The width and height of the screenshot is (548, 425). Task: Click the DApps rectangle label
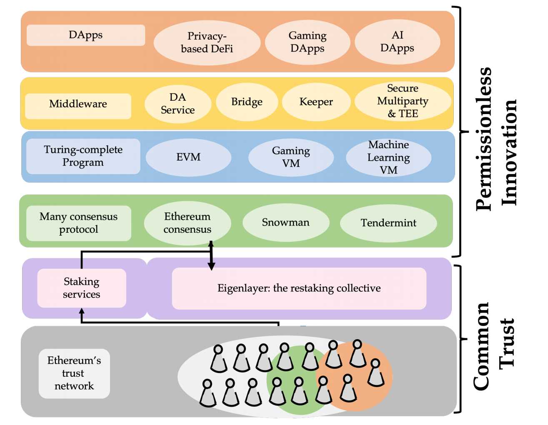pyautogui.click(x=86, y=35)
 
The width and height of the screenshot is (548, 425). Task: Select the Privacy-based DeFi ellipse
pyautogui.click(x=207, y=42)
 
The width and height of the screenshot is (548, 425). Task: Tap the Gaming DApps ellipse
pyautogui.click(x=308, y=42)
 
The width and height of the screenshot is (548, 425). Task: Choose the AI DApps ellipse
pyautogui.click(x=397, y=42)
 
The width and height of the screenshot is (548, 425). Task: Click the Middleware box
pyautogui.click(x=78, y=104)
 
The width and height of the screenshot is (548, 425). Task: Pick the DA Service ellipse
pyautogui.click(x=178, y=104)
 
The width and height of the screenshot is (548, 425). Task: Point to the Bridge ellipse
pyautogui.click(x=247, y=102)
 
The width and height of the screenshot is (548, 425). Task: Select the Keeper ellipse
pyautogui.click(x=316, y=102)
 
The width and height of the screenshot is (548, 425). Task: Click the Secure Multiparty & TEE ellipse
pyautogui.click(x=403, y=101)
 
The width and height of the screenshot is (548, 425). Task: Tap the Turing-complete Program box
pyautogui.click(x=83, y=156)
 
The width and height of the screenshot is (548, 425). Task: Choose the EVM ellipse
pyautogui.click(x=188, y=157)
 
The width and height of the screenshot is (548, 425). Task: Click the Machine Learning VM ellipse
pyautogui.click(x=388, y=157)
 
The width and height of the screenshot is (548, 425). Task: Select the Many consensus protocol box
pyautogui.click(x=78, y=223)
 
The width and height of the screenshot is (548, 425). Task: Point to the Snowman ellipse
pyautogui.click(x=285, y=223)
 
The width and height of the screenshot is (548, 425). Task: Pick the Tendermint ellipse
pyautogui.click(x=388, y=223)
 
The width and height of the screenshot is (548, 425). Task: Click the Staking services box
pyautogui.click(x=82, y=288)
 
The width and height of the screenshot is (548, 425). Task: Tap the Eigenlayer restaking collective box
pyautogui.click(x=299, y=288)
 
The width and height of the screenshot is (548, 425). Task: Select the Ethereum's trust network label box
pyautogui.click(x=74, y=373)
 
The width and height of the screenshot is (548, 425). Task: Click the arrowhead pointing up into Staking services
pyautogui.click(x=82, y=311)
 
